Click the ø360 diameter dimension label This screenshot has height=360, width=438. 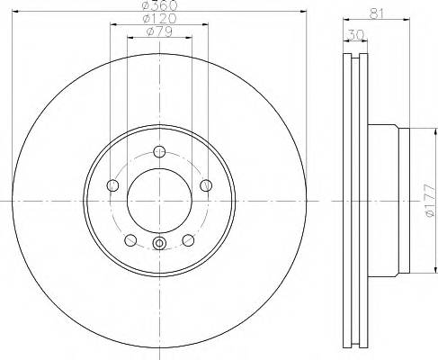[x=158, y=6]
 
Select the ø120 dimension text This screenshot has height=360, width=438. [x=158, y=20]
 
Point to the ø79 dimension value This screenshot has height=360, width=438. [x=158, y=33]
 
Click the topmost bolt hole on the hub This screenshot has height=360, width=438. [x=159, y=151]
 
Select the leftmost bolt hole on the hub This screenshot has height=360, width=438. [x=112, y=185]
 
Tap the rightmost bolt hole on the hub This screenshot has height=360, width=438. [x=206, y=185]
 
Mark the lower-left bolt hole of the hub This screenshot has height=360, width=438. [x=130, y=240]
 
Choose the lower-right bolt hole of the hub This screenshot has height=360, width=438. [x=188, y=240]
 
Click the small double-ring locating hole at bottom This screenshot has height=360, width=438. [x=159, y=243]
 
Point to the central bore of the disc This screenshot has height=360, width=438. [x=159, y=199]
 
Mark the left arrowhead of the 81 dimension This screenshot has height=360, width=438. [x=347, y=21]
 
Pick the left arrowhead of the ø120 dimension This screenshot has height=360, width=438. [x=112, y=26]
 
